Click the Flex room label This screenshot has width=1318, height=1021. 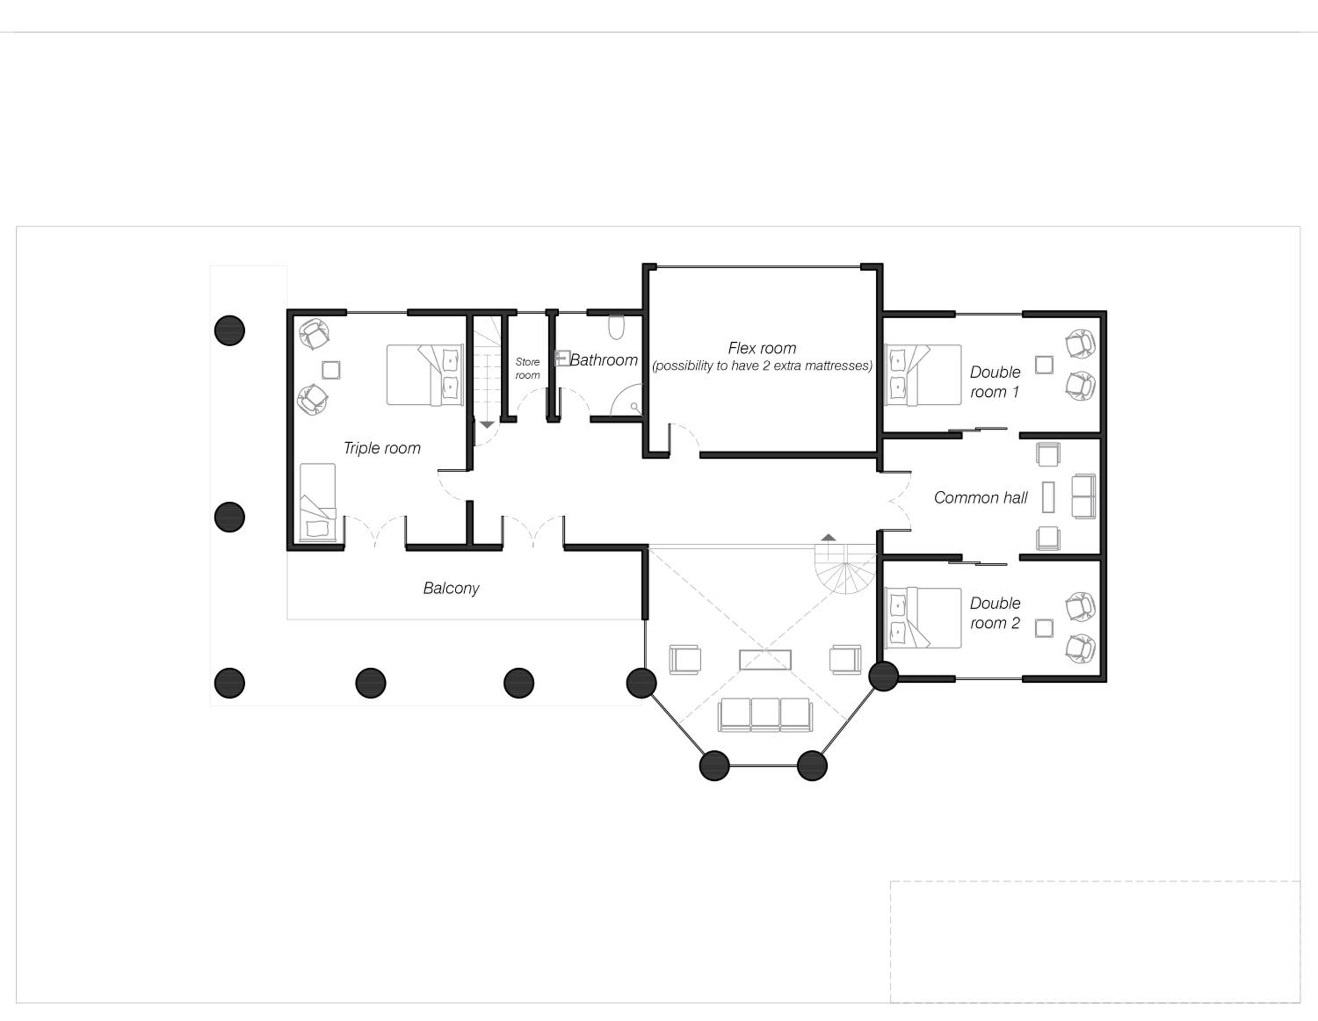point(762,348)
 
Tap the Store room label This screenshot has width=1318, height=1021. point(528,368)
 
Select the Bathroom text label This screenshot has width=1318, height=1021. point(604,360)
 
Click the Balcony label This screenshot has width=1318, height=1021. point(451,588)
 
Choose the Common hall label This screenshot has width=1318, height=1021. point(981,498)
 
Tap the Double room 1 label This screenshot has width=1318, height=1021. point(995,382)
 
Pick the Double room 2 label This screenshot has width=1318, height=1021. point(995,613)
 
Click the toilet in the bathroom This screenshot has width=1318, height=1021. point(616,327)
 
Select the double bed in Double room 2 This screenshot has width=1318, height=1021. point(923,618)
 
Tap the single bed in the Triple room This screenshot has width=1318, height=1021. point(318,502)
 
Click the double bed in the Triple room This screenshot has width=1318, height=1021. point(425,375)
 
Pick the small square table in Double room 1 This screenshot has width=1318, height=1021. point(1044,365)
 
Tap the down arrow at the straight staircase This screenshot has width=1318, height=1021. point(487,425)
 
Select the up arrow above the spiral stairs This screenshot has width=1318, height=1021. point(829,537)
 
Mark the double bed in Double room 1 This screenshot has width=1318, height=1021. point(923,375)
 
